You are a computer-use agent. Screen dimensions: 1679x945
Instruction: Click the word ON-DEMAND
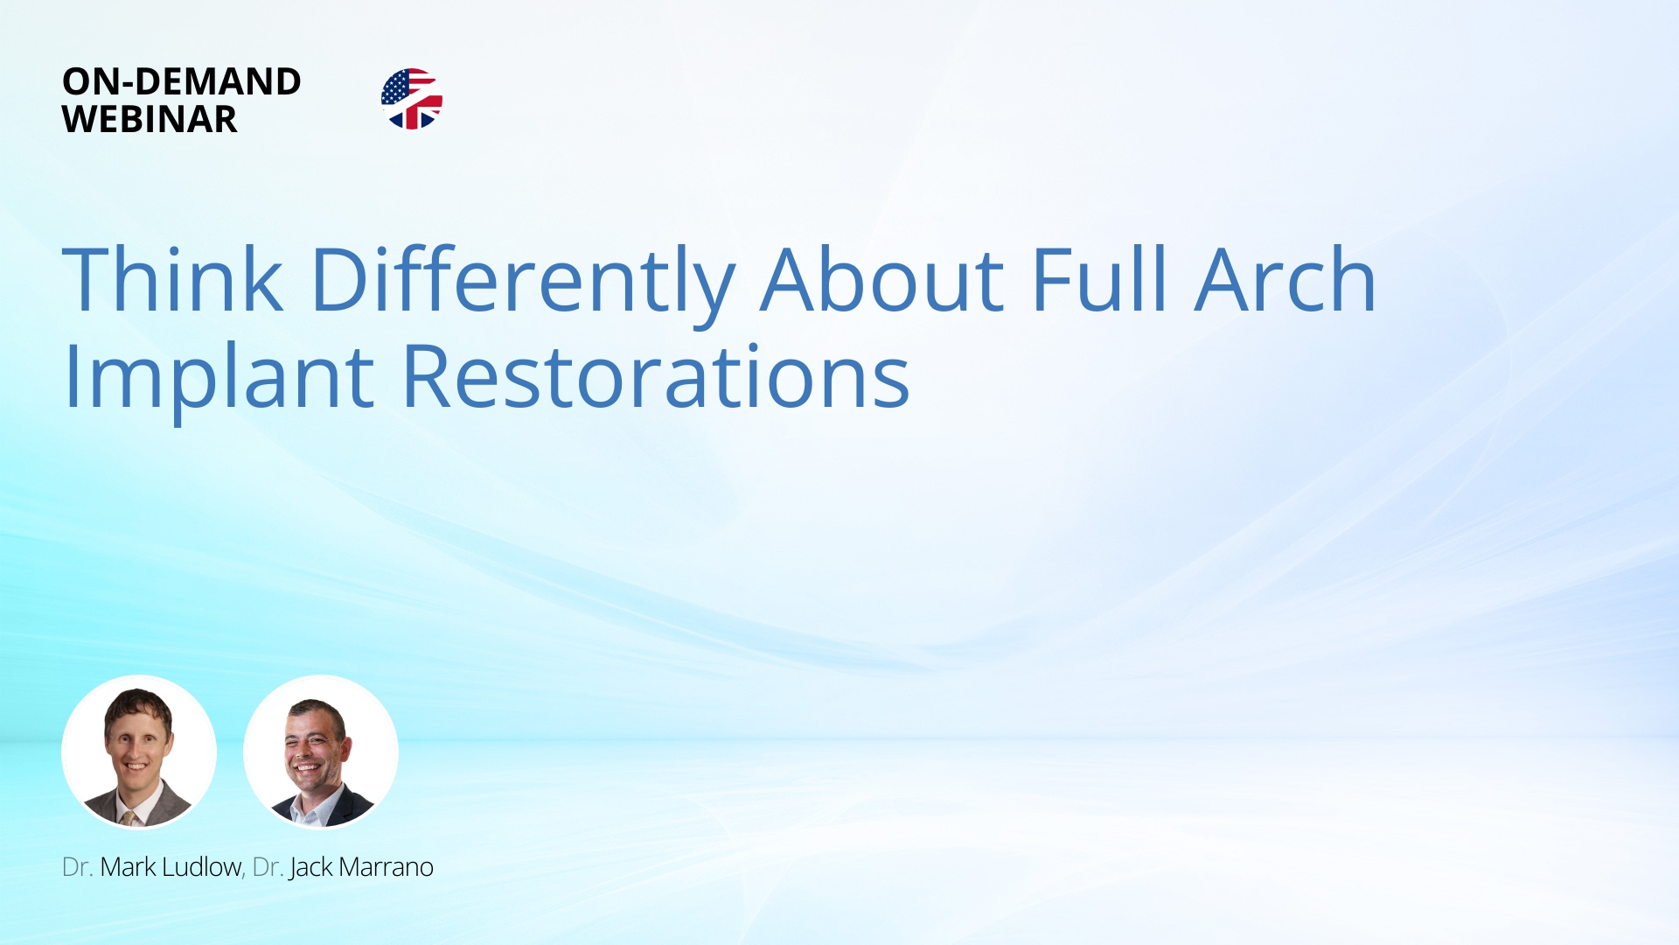click(182, 81)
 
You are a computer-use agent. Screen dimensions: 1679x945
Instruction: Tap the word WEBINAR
click(150, 119)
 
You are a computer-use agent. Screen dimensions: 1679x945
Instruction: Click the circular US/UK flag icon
click(412, 99)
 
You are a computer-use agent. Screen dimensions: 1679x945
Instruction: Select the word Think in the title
click(173, 279)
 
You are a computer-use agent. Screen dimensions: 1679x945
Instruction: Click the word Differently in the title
click(523, 284)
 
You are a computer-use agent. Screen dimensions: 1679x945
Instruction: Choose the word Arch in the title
click(1285, 279)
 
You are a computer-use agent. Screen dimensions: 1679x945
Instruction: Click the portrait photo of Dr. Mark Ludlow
click(139, 752)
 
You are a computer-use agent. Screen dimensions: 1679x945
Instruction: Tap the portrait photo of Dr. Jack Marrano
click(321, 752)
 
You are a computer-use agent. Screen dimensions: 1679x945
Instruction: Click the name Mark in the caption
click(128, 867)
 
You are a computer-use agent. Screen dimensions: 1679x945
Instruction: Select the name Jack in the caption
click(310, 868)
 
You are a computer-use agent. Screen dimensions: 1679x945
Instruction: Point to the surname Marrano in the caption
click(387, 868)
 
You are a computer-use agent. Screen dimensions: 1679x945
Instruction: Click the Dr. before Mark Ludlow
click(77, 867)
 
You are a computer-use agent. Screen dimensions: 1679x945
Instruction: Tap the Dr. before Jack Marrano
click(268, 867)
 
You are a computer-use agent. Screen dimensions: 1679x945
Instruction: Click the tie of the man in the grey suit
click(129, 818)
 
